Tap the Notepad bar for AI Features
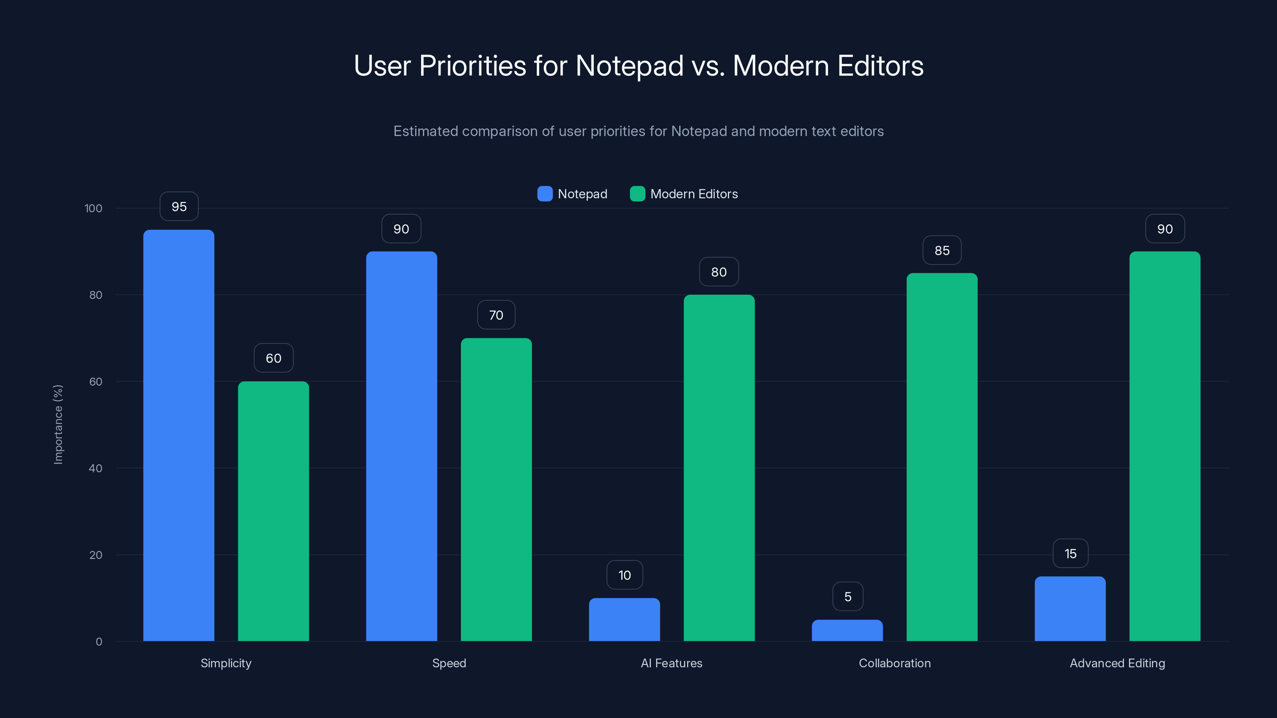click(624, 619)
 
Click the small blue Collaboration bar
click(847, 630)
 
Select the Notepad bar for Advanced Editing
click(1070, 608)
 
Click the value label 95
click(179, 206)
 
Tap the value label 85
click(942, 250)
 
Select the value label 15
click(1070, 554)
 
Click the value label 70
click(496, 315)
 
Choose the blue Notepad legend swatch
click(545, 194)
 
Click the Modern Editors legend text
click(694, 194)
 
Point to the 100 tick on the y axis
click(93, 208)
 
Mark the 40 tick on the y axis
click(95, 468)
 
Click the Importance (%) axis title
click(58, 425)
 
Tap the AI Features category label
click(671, 663)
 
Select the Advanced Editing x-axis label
click(1117, 663)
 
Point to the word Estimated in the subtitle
click(425, 131)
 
